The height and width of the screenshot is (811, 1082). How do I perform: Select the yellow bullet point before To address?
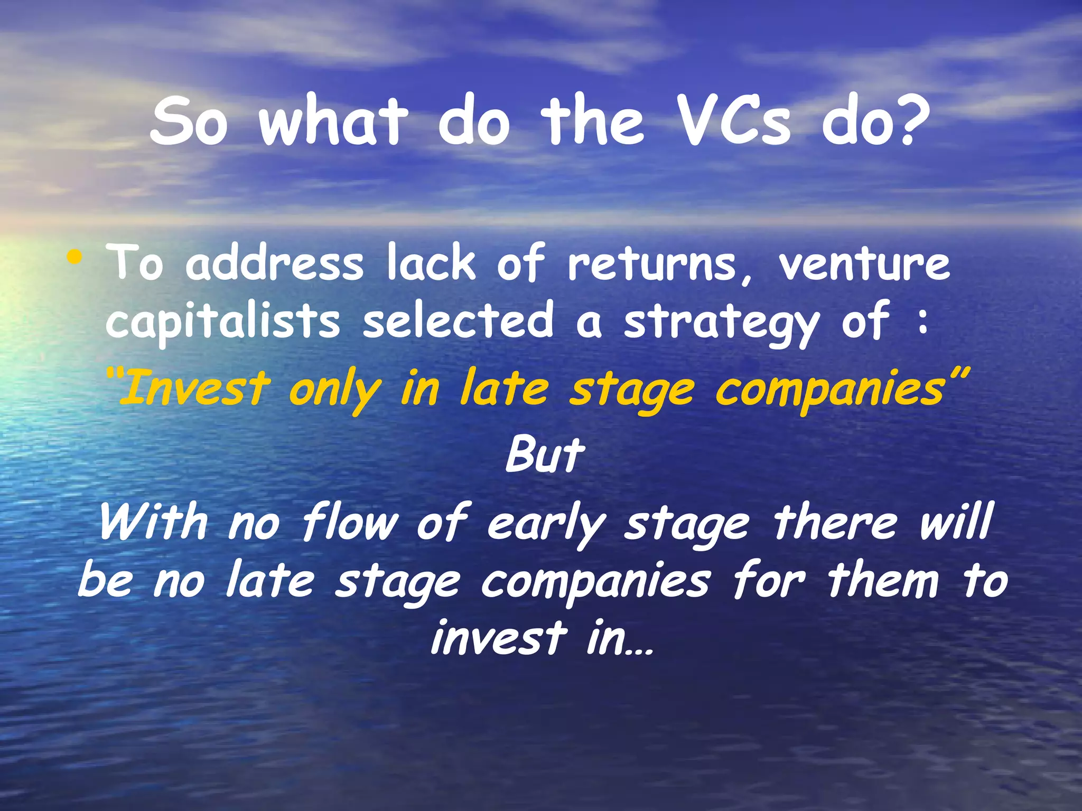click(x=75, y=259)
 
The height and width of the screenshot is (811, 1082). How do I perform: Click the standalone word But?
click(x=545, y=455)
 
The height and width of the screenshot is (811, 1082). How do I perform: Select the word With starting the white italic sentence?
click(x=154, y=523)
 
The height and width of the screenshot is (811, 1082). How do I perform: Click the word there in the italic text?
click(x=835, y=523)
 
